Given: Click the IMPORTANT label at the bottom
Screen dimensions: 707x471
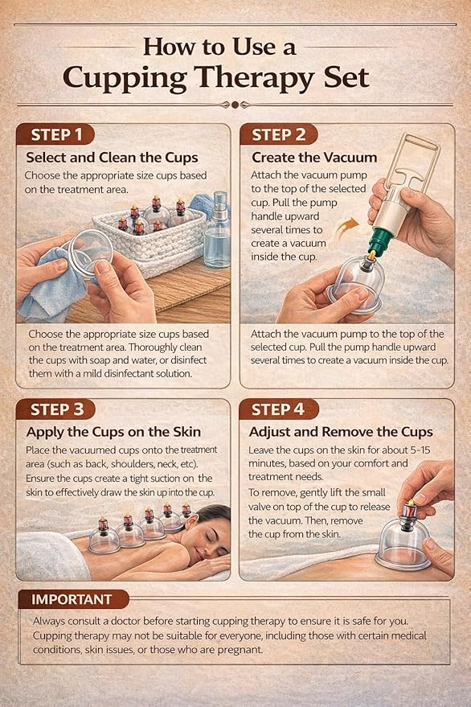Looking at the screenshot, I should pyautogui.click(x=73, y=599).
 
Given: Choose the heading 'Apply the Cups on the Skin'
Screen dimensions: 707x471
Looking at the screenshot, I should pyautogui.click(x=113, y=432).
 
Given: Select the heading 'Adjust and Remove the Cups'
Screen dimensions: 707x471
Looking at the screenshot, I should pyautogui.click(x=341, y=432).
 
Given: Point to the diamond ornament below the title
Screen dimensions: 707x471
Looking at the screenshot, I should pyautogui.click(x=235, y=105).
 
